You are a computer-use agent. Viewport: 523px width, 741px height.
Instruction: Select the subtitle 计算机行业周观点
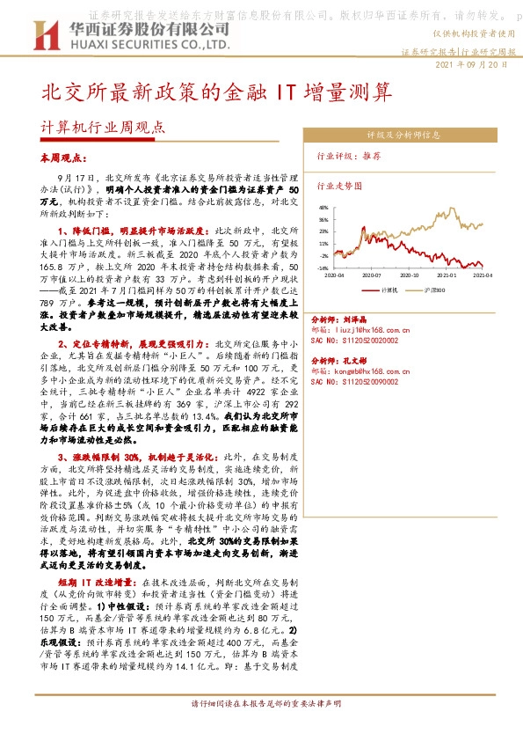coord(103,126)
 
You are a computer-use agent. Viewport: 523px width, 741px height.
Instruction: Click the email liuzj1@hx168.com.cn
coord(379,326)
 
